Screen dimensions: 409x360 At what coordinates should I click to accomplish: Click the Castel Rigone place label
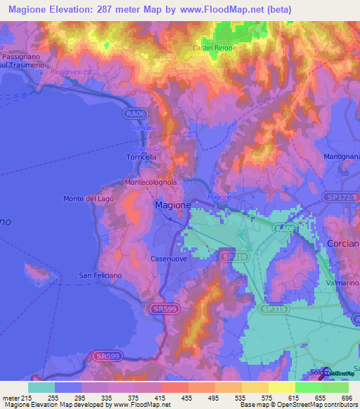coord(214,48)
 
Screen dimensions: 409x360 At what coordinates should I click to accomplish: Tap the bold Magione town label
coord(172,204)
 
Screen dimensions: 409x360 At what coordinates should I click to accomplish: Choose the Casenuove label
coord(168,259)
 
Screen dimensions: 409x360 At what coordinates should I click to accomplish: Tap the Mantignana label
coord(342,155)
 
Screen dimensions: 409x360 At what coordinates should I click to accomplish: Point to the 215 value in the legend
coord(29,397)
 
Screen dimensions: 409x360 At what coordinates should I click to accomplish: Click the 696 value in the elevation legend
coord(347,397)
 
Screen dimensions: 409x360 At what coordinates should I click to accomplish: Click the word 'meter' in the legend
coord(11,397)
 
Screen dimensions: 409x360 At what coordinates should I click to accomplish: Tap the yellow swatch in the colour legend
coord(281,387)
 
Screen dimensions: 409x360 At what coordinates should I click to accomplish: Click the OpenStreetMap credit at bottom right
coord(324,405)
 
